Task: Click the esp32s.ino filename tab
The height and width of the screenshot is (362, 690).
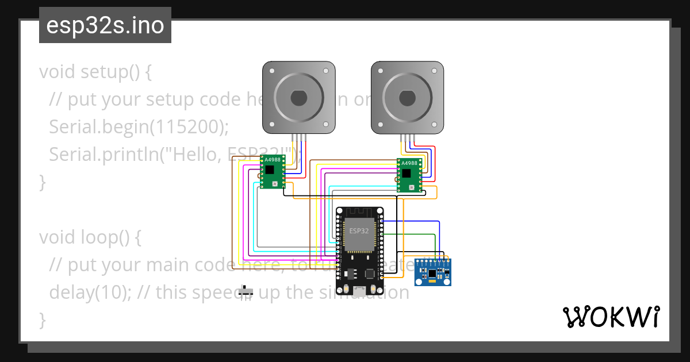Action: [x=105, y=26]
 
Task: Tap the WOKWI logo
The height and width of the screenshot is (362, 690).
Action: [x=610, y=317]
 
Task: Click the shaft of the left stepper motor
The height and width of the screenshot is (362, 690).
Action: [x=298, y=98]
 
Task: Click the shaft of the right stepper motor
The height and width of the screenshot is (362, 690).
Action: [x=407, y=98]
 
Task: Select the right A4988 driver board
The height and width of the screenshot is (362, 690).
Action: [x=409, y=175]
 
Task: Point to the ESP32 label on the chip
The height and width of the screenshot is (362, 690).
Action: [x=359, y=230]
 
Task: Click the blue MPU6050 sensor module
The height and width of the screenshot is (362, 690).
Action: [x=433, y=272]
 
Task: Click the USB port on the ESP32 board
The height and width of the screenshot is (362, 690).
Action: [x=359, y=291]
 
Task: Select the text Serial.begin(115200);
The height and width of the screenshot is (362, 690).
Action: [x=135, y=126]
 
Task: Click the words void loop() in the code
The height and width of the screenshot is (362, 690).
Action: [x=90, y=237]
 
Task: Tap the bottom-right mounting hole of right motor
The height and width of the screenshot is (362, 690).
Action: [x=435, y=124]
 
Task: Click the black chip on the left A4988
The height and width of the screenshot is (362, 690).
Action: [x=270, y=169]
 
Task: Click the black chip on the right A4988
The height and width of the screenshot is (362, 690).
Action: [x=407, y=172]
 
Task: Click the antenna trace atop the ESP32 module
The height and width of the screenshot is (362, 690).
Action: [x=359, y=211]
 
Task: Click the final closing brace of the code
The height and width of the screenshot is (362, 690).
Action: [x=41, y=319]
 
